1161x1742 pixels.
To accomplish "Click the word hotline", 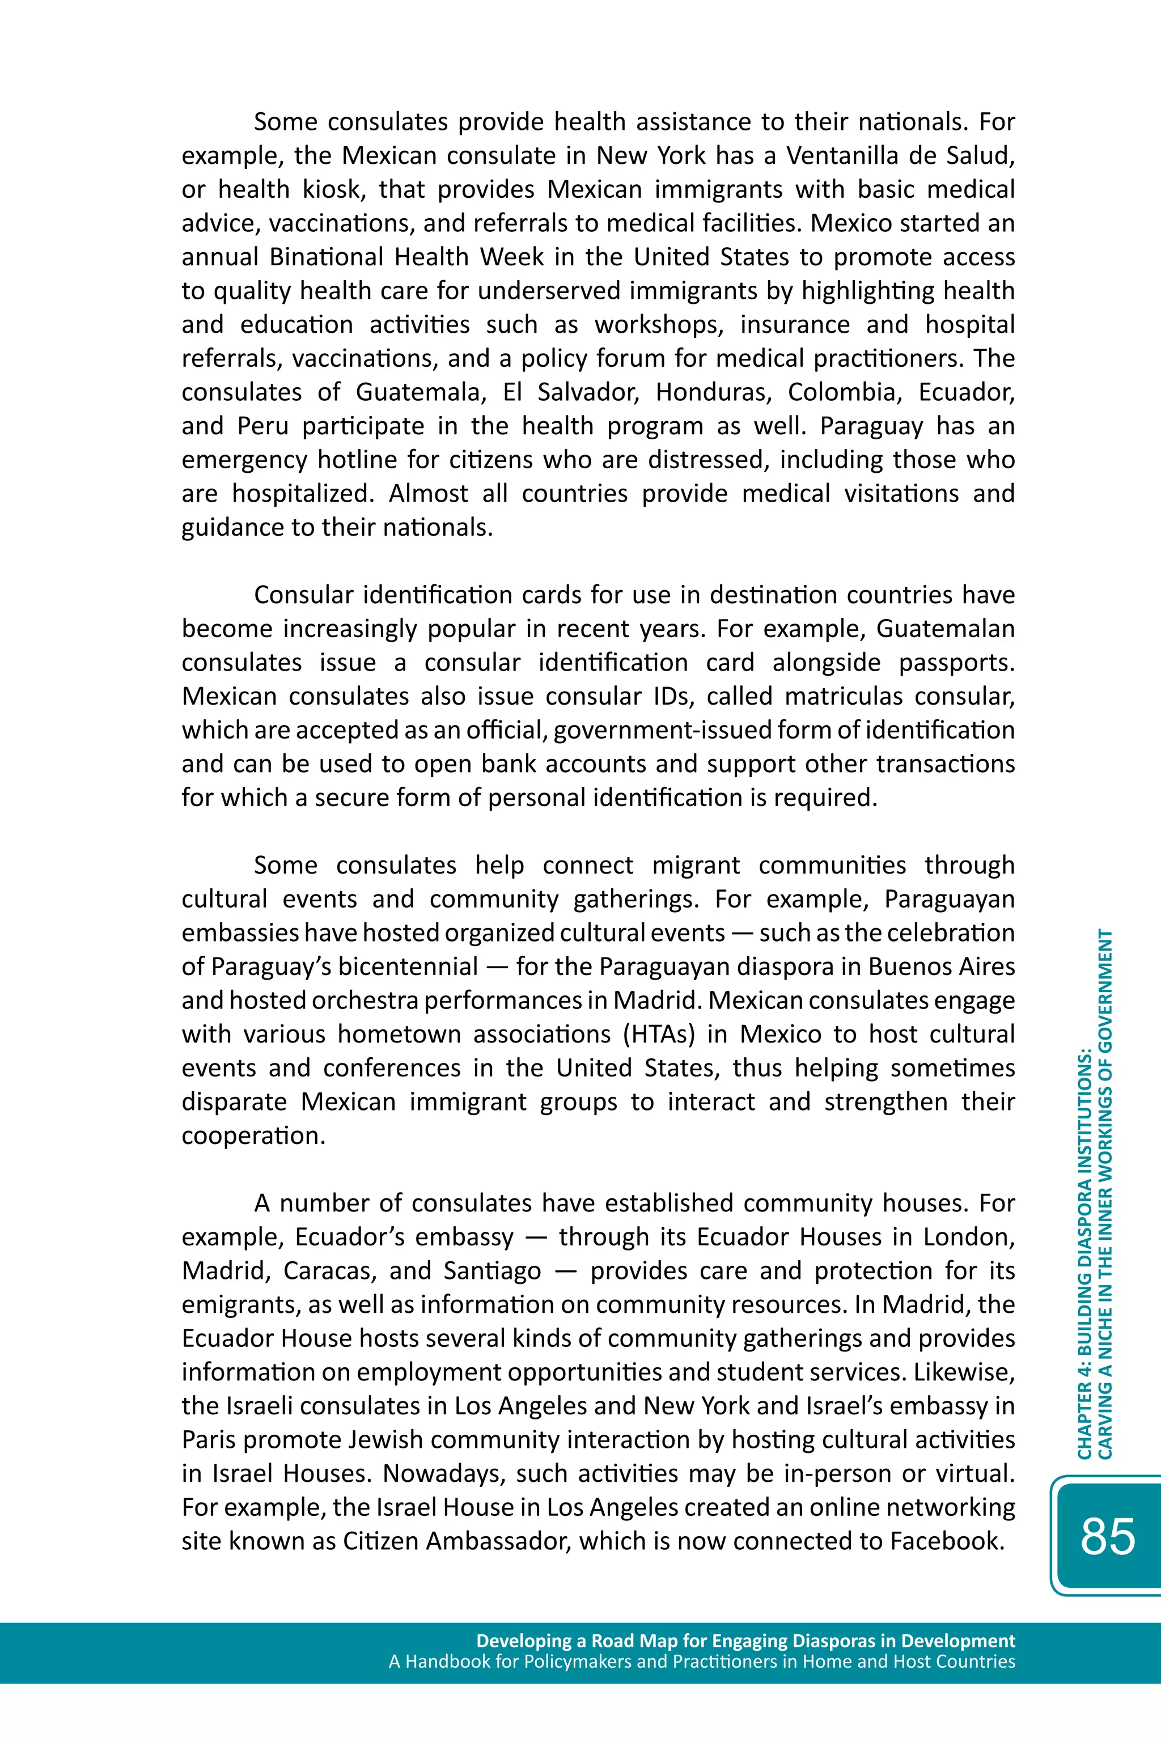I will [x=358, y=460].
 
